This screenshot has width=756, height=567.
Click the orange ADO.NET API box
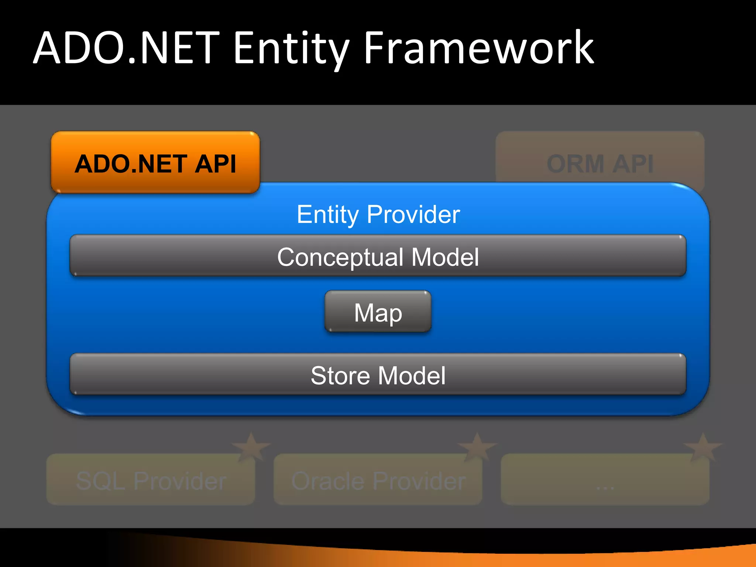pyautogui.click(x=155, y=162)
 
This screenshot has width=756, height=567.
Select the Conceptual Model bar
pyautogui.click(x=378, y=256)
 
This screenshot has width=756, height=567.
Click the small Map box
pyautogui.click(x=378, y=312)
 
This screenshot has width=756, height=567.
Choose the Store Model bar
pyautogui.click(x=378, y=375)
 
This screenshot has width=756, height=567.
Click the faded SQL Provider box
pyautogui.click(x=151, y=480)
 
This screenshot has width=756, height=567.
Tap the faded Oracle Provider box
pyautogui.click(x=378, y=480)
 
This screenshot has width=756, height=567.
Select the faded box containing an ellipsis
pyautogui.click(x=605, y=480)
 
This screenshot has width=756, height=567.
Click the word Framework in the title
pyautogui.click(x=479, y=48)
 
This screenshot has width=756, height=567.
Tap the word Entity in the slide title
pyautogui.click(x=291, y=48)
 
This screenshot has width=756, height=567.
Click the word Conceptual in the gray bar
pyautogui.click(x=340, y=257)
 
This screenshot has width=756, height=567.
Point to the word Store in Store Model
pyautogui.click(x=340, y=375)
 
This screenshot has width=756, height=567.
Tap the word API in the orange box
pyautogui.click(x=215, y=164)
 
